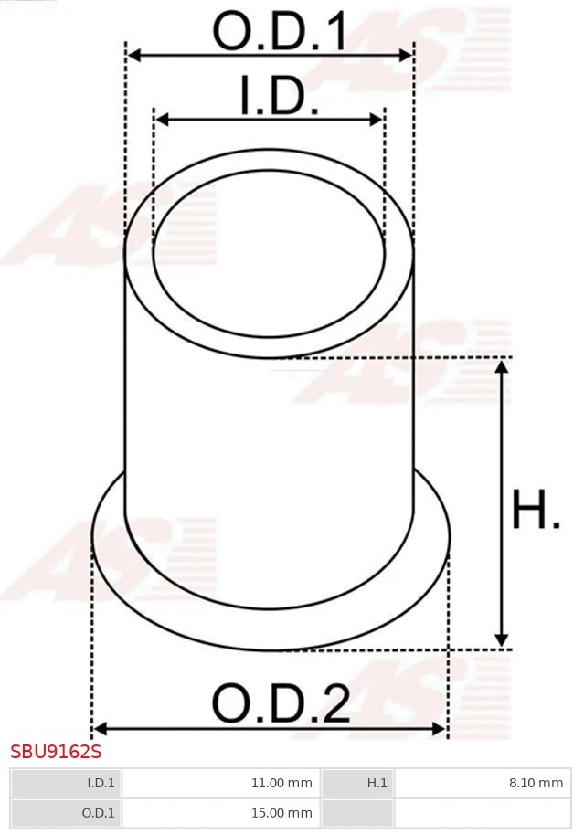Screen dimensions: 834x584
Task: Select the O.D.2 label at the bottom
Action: (x=280, y=703)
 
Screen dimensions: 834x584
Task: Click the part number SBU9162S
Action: (x=56, y=753)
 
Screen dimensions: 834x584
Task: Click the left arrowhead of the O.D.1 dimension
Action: (x=133, y=56)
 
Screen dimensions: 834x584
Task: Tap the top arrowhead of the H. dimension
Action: (x=501, y=367)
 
